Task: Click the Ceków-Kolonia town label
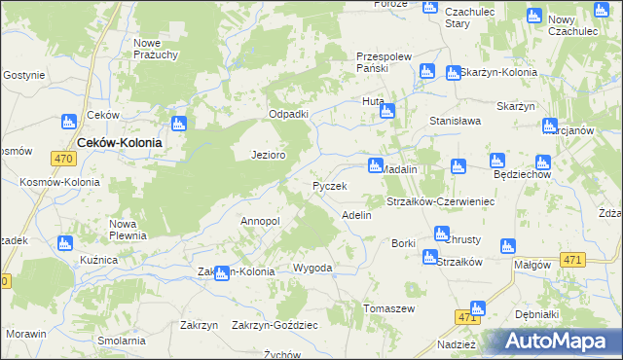119,141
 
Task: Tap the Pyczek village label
329,186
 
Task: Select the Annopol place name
260,221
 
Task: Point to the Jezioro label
268,155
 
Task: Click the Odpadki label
288,114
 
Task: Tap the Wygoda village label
312,268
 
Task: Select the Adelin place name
356,215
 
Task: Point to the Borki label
403,243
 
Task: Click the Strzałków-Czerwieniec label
442,201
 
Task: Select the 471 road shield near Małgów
572,260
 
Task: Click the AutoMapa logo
559,341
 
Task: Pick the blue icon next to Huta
386,112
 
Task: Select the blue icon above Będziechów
496,161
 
